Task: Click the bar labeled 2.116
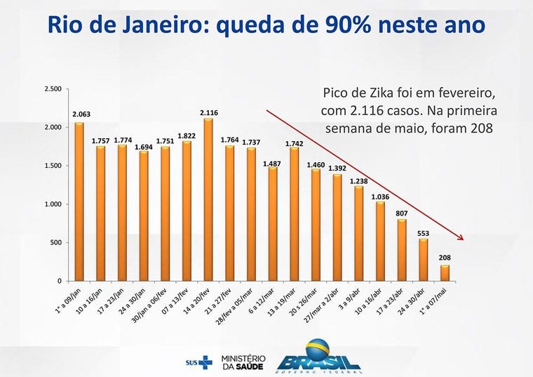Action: coord(208,199)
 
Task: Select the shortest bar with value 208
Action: coord(445,272)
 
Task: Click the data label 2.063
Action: coord(80,114)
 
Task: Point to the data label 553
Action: coord(423,232)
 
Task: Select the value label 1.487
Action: coord(272,163)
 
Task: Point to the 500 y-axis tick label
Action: coord(57,243)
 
